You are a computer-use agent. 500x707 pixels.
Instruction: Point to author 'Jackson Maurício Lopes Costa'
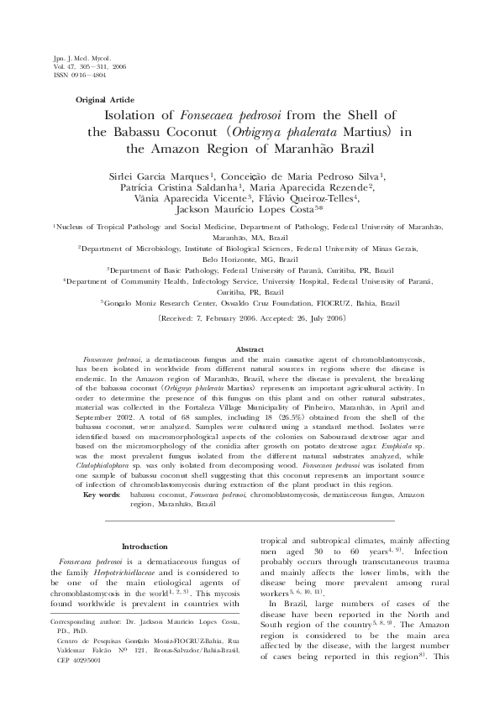click(x=247, y=210)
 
